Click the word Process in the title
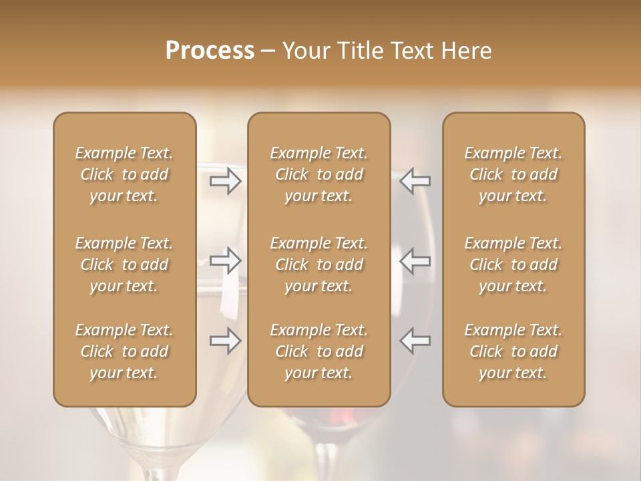coord(210,51)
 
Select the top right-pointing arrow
coord(226,181)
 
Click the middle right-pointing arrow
coord(226,261)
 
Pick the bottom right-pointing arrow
coord(226,341)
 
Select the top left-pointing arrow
coord(415,181)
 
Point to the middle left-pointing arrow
coord(415,261)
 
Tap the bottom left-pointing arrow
coord(415,341)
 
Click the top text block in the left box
coord(124,174)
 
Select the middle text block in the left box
coord(124,265)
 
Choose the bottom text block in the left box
coord(124,351)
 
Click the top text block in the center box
coord(319,174)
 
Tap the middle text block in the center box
coord(319,265)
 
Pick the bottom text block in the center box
coord(319,351)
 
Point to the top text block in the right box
coord(513,174)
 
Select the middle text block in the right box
coord(513,265)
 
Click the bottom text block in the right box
coord(513,351)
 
